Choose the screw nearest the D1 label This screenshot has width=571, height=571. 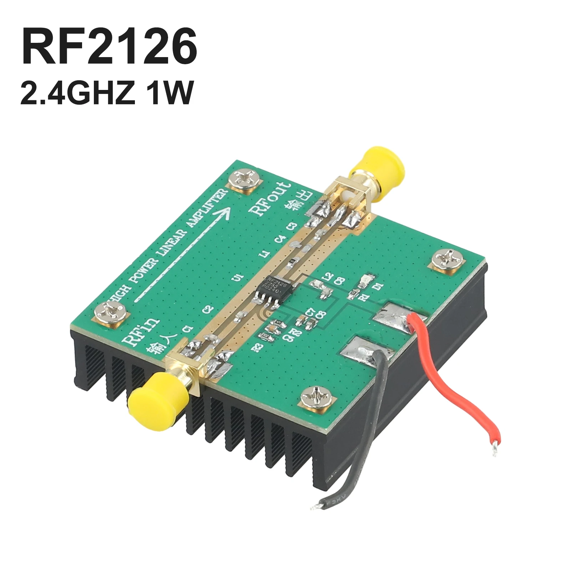447,262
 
